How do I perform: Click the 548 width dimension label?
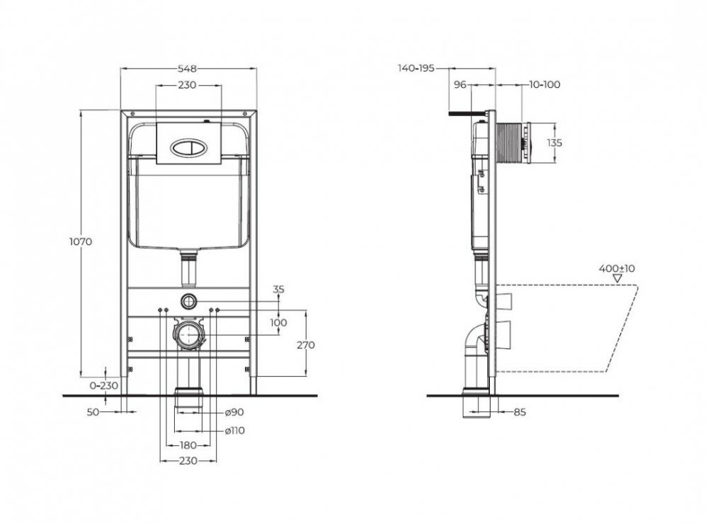click(188, 68)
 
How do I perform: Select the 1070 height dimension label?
click(81, 241)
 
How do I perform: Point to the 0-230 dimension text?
click(104, 386)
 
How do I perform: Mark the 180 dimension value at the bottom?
click(188, 445)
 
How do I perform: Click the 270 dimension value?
click(307, 345)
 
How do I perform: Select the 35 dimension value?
click(278, 289)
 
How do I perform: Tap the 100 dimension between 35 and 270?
click(278, 322)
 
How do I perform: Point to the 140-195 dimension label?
click(415, 68)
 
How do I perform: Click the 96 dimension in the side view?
click(459, 84)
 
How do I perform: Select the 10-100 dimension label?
click(544, 84)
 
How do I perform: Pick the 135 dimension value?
click(554, 142)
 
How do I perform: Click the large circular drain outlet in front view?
click(188, 335)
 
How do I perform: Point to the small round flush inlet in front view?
click(188, 300)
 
